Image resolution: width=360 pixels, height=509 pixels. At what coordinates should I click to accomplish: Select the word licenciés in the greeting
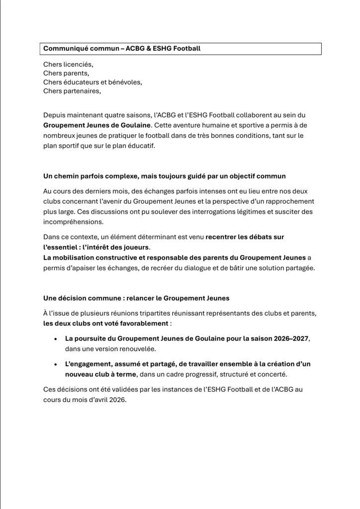tap(77, 65)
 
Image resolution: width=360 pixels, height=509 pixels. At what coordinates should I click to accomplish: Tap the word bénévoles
tap(125, 82)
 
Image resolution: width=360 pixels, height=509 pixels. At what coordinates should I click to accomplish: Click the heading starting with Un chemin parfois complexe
tap(164, 177)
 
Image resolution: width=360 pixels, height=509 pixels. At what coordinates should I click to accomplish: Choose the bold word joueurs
tap(135, 247)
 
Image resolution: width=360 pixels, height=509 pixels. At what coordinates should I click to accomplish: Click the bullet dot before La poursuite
tap(55, 339)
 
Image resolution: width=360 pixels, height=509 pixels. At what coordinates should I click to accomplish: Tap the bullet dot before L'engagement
tap(55, 364)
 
